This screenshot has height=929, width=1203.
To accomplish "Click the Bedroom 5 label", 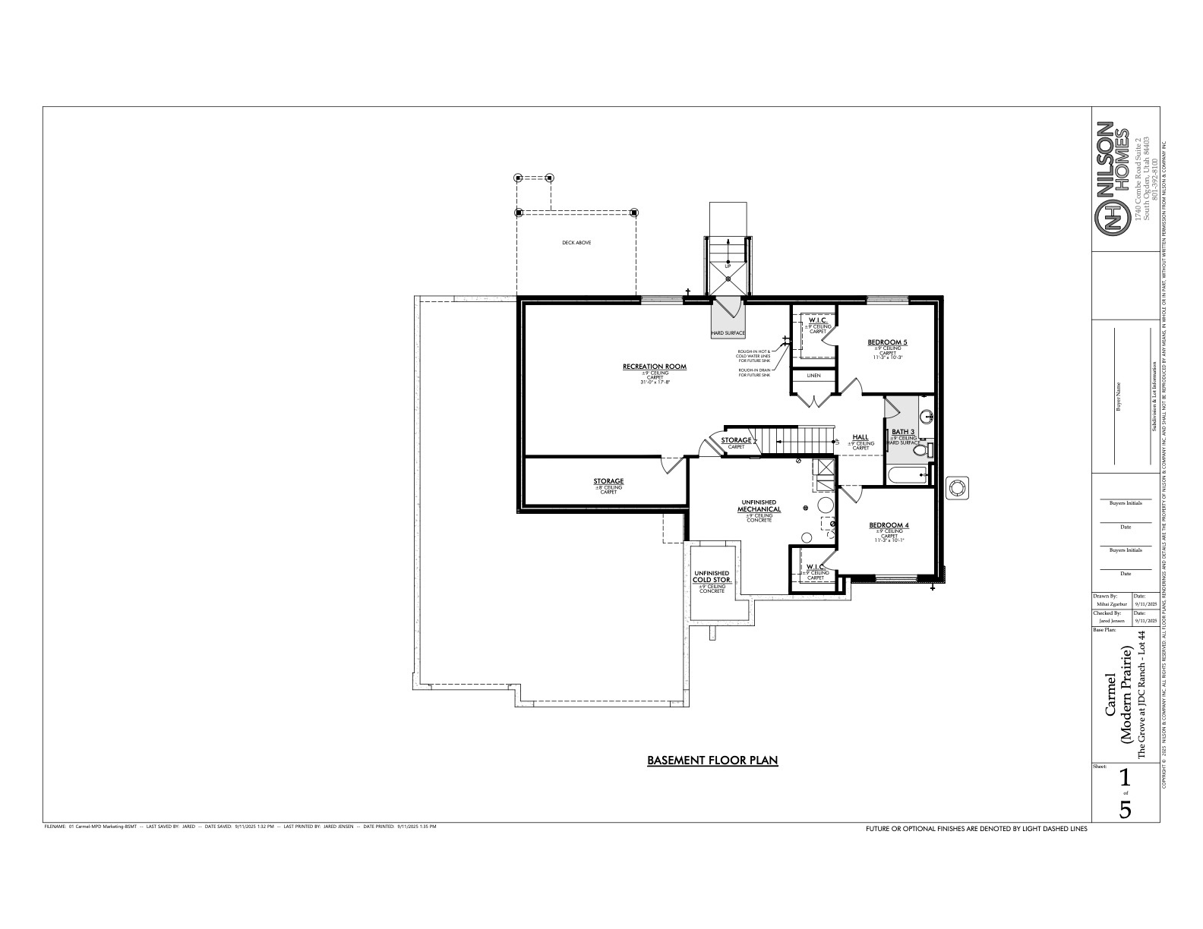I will tap(887, 342).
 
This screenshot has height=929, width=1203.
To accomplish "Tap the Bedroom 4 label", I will tap(889, 525).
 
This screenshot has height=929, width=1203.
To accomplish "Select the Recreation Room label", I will tap(654, 367).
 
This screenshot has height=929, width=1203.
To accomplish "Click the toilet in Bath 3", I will tap(921, 450).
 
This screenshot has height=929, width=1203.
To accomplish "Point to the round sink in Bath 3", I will tap(926, 417).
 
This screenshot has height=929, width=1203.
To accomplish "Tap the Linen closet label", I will tap(813, 376).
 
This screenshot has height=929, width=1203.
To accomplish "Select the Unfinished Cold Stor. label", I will tap(712, 576).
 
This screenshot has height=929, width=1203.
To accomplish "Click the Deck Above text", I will tap(576, 243).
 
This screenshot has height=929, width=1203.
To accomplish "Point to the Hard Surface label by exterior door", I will tap(728, 333).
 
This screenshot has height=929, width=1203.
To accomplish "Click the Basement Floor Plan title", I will tap(712, 760).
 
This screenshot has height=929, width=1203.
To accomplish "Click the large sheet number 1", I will tap(1126, 778).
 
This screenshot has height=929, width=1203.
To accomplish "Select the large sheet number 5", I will tap(1126, 809).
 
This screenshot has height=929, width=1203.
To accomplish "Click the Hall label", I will tap(860, 437).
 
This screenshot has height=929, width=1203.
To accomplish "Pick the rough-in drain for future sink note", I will tap(754, 373).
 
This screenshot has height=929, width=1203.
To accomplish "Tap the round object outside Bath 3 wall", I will tap(957, 488).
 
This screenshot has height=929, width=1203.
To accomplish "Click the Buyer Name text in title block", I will tap(1118, 395).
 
